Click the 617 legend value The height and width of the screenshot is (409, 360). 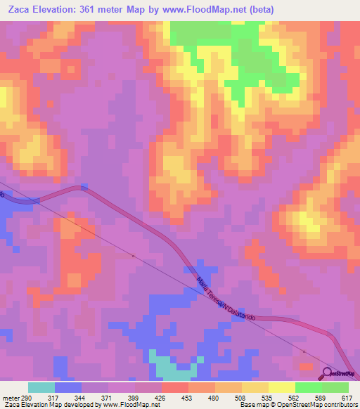pos(347,398)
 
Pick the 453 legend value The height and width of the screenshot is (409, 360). pos(187,398)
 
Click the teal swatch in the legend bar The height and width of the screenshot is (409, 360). pos(41,387)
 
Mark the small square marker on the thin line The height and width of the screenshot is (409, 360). pos(134,257)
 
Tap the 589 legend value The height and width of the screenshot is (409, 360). pos(321,398)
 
